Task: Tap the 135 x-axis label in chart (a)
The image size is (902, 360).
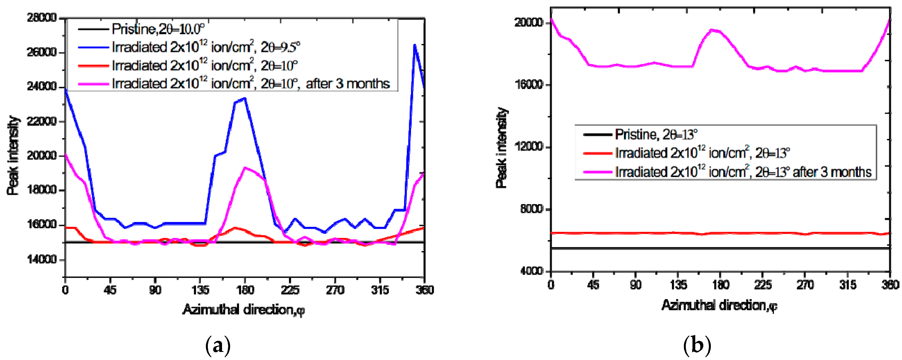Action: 200,290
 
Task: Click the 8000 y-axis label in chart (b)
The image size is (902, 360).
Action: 531,209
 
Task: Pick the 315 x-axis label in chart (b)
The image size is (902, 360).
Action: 848,285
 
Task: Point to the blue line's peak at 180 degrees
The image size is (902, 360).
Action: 245,98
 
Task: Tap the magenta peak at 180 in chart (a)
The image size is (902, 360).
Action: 245,168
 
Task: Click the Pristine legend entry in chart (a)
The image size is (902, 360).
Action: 158,29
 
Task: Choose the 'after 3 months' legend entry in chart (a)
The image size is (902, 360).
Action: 251,84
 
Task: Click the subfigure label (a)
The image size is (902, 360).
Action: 218,345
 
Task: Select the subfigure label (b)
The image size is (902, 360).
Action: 697,345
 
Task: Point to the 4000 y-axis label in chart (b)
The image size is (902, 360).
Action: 531,271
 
